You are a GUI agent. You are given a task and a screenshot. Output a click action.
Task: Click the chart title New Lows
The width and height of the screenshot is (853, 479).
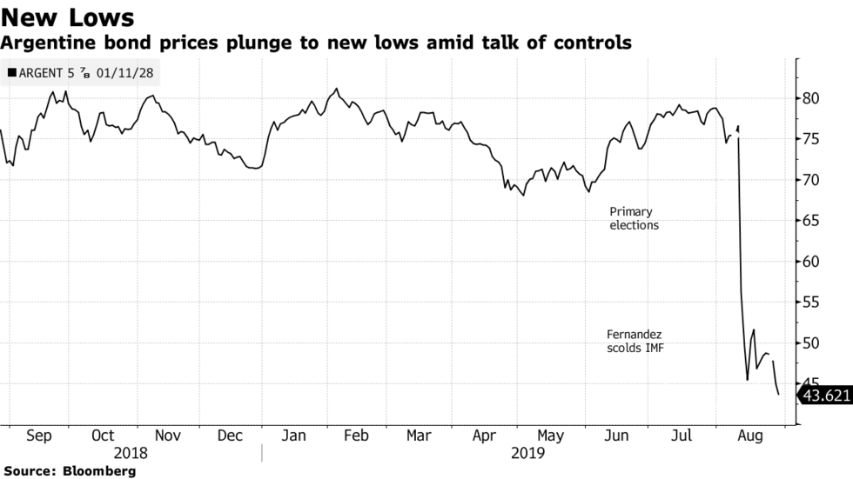(x=67, y=17)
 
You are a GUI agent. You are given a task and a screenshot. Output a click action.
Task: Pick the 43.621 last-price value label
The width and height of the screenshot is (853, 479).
(x=825, y=396)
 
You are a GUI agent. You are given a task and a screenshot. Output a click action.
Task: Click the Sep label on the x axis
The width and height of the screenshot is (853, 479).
(x=38, y=435)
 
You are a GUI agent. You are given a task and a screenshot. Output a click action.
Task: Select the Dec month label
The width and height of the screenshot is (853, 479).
(x=230, y=435)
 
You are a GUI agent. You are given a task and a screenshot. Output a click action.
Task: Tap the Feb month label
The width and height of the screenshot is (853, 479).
(x=357, y=435)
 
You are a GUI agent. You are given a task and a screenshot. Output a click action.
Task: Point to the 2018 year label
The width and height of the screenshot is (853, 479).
(x=131, y=453)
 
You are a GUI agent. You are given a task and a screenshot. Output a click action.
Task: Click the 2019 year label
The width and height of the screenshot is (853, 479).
(x=527, y=453)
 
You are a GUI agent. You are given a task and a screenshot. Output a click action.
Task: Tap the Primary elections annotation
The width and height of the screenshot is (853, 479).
(x=634, y=218)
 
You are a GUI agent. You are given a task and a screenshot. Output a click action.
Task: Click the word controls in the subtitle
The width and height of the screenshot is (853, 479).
(x=588, y=42)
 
